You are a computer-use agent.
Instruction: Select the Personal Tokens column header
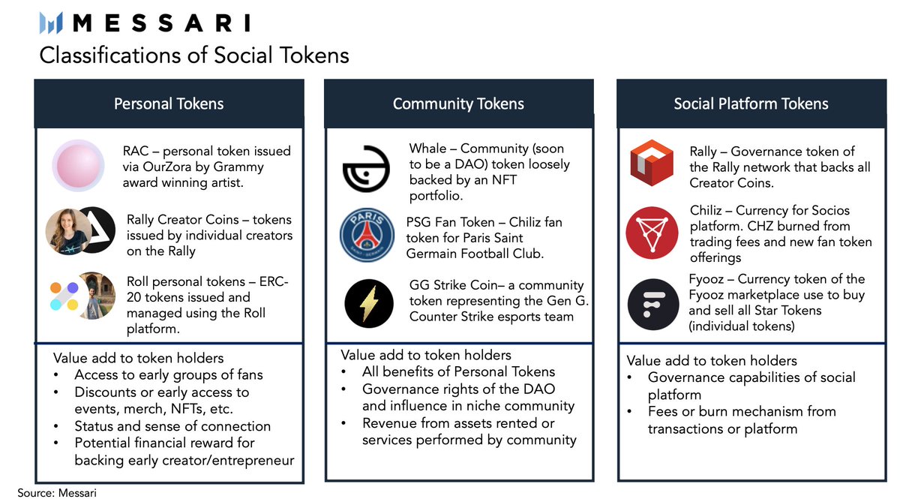tap(169, 104)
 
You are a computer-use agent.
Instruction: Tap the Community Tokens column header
tap(458, 104)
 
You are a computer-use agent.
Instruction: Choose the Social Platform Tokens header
tap(751, 104)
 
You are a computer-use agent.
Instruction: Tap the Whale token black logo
tap(366, 169)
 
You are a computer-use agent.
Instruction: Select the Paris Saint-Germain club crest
tap(366, 236)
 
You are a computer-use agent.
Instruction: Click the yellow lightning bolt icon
tap(369, 303)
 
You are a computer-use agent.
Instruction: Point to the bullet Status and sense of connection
tap(172, 425)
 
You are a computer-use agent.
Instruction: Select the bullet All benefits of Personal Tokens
tap(458, 371)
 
